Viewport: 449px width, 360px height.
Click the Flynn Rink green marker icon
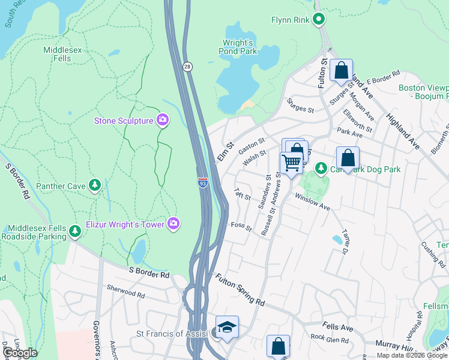click(319, 20)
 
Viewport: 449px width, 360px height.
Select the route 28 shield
click(188, 67)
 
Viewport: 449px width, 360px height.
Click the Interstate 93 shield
click(203, 182)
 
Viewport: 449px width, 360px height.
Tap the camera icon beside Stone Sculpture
click(162, 121)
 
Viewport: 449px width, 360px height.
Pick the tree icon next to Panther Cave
click(94, 186)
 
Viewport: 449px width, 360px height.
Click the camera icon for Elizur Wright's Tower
click(173, 224)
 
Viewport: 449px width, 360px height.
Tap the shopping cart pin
click(291, 162)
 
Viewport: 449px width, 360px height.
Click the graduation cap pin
click(228, 327)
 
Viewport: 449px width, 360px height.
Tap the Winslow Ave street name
click(316, 203)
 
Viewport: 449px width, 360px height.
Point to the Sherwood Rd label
click(125, 295)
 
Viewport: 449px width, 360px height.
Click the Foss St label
click(241, 226)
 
